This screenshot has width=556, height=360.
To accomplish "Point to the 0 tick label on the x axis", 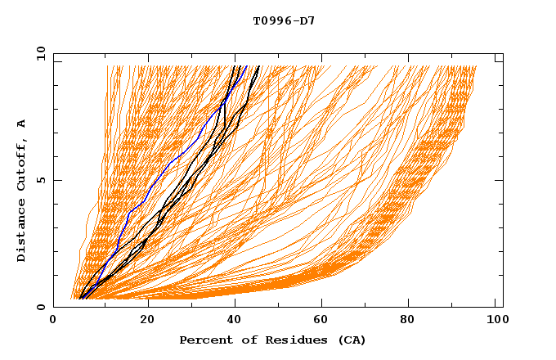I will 53,321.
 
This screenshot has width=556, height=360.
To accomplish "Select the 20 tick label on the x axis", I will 143,321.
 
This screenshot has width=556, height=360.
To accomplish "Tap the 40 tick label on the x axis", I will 233,321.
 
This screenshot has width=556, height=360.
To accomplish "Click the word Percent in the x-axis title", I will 202,340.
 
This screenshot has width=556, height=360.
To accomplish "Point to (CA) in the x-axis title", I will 352,340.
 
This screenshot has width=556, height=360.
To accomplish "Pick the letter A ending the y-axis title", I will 21,124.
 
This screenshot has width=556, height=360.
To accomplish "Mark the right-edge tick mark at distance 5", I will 499,180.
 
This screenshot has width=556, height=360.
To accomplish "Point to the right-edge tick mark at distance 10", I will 499,60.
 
